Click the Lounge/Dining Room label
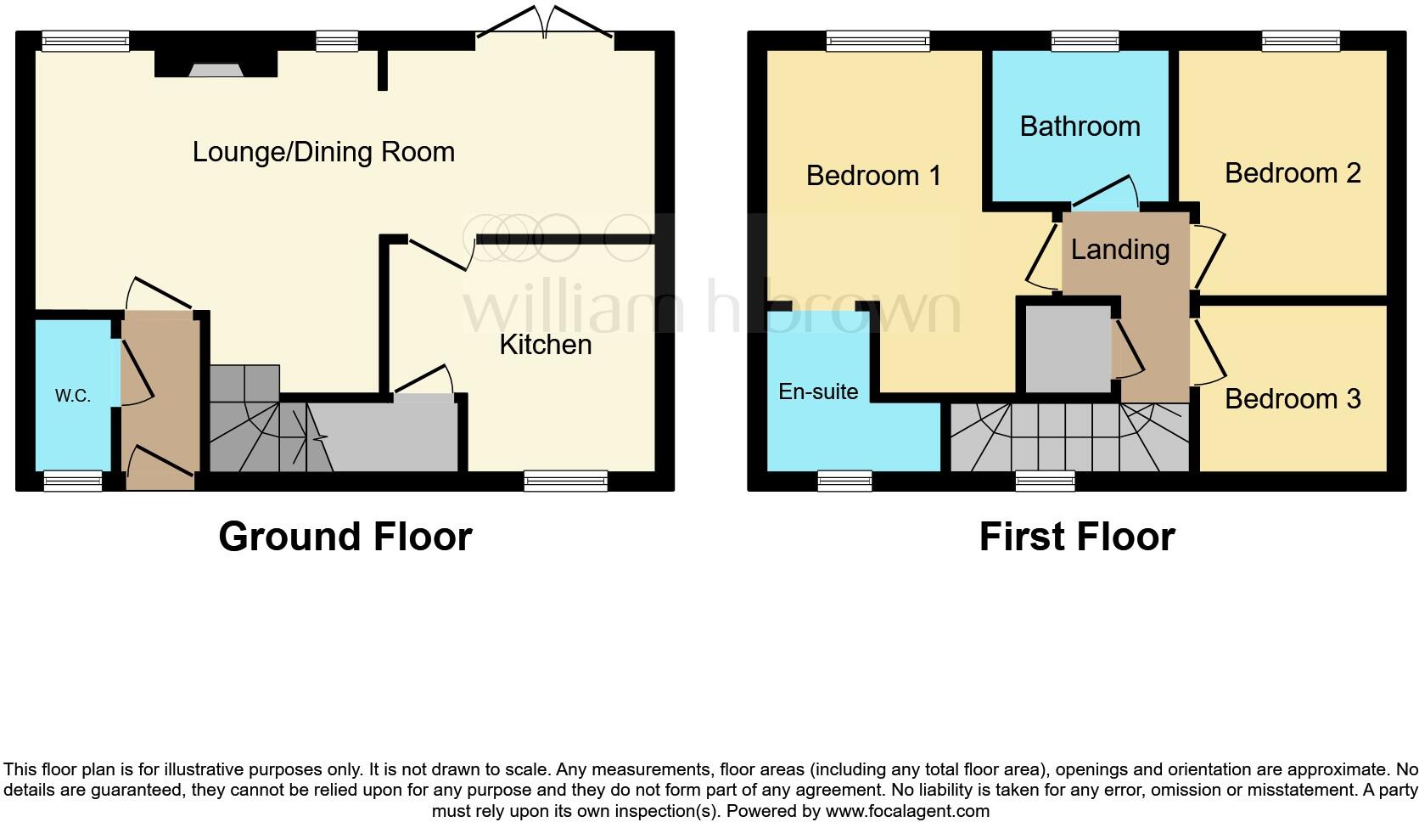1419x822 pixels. pos(323,152)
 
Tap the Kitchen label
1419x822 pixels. pos(545,344)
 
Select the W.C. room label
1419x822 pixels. pos(73,396)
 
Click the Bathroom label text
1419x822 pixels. pos(1080,127)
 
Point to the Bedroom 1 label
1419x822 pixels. pos(873,176)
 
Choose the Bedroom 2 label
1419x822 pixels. pos(1292,173)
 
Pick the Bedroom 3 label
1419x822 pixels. pos(1292,398)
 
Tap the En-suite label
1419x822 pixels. pos(818,391)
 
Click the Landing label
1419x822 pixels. pos(1119,249)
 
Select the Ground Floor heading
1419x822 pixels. pos(345,537)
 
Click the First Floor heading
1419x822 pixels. pos(1076,537)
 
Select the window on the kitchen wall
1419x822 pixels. pos(566,481)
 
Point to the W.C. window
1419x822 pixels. pos(72,481)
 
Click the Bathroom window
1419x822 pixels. pos(1085,41)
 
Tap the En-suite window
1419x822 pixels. pos(844,481)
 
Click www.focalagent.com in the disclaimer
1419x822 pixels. pos(907,811)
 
